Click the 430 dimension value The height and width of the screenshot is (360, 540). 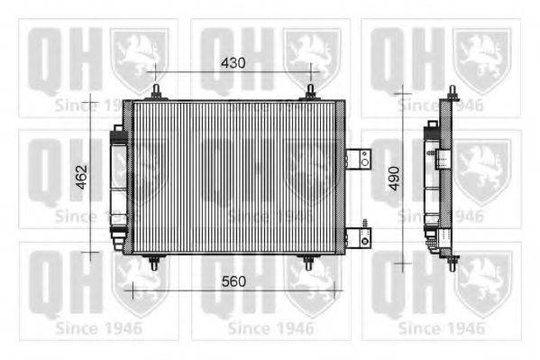click(233, 63)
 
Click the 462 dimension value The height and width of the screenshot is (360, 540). click(82, 177)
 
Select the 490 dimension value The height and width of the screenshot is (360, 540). click(394, 179)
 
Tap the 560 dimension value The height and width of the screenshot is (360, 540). click(233, 282)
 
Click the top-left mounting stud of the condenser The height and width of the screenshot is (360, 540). click(156, 92)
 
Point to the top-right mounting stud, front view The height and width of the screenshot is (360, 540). click(310, 92)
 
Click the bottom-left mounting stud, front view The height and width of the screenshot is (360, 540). click(154, 263)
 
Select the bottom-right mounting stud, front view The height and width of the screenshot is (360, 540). click(308, 263)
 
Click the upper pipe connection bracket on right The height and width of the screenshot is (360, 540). click(358, 159)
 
